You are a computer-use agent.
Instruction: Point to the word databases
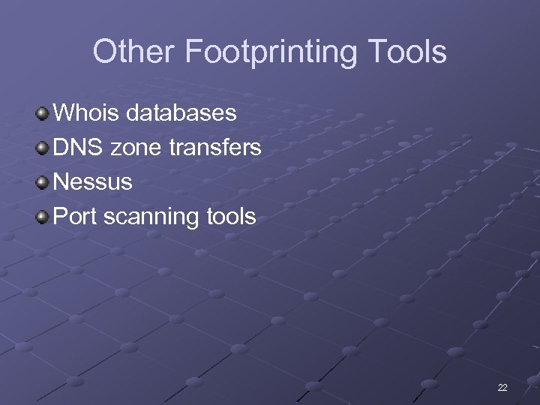181,113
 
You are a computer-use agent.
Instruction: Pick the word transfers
215,148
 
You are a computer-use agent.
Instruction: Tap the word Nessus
94,182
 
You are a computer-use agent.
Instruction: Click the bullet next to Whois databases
43,114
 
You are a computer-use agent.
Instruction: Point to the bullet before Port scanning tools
43,217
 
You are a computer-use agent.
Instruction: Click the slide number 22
502,388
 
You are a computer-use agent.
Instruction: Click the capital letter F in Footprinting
191,52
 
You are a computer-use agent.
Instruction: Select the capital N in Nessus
63,182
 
